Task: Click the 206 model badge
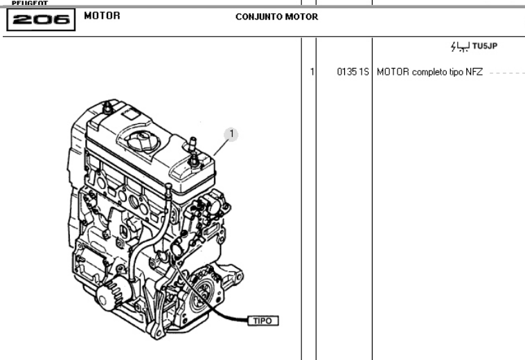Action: pos(40,19)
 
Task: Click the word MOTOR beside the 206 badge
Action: pos(102,15)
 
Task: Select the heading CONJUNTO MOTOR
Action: pos(276,17)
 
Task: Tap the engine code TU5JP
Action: pos(486,46)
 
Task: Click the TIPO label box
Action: pos(263,321)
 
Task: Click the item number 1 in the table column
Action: pos(312,72)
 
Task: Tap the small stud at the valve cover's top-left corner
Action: pos(107,108)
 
